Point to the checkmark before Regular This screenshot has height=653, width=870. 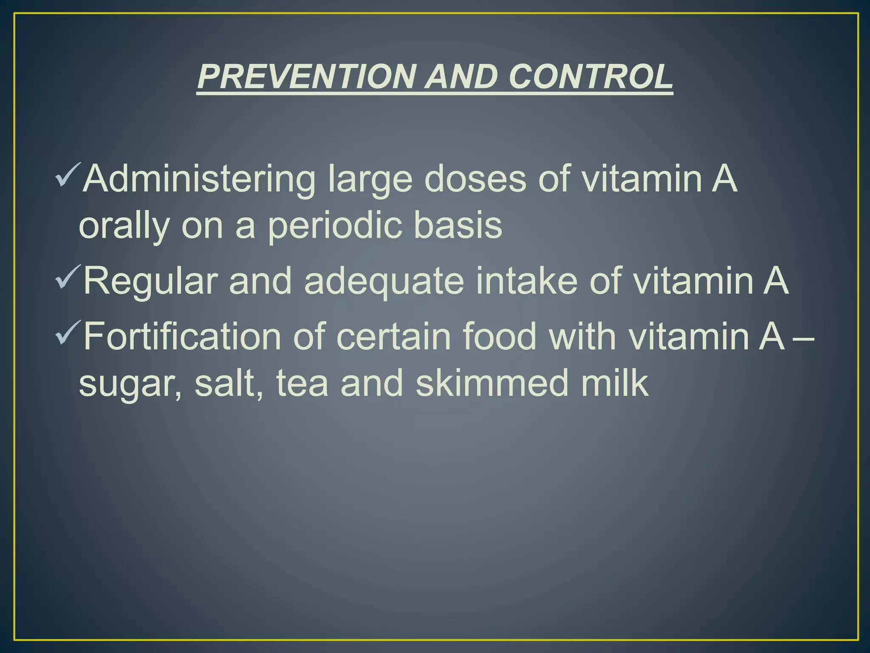click(67, 277)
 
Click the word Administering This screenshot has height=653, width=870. click(199, 180)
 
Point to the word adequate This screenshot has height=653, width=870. click(384, 281)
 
